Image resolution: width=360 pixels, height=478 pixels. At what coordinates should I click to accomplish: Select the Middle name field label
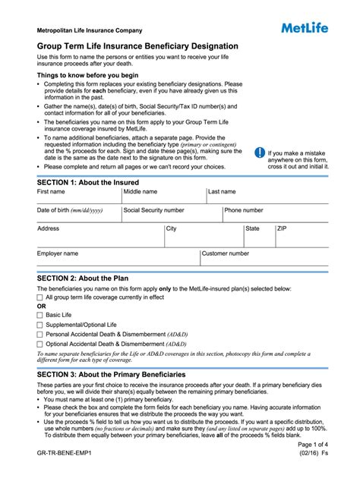tap(141, 192)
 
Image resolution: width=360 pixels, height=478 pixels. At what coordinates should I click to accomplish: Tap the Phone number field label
tap(244, 210)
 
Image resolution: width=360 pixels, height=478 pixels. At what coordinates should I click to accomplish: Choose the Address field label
tap(49, 228)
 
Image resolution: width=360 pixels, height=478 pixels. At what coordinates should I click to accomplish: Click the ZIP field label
tap(282, 228)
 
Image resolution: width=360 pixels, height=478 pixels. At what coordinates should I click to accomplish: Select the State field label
tap(252, 228)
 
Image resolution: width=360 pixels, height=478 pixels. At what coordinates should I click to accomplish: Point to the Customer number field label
tap(226, 253)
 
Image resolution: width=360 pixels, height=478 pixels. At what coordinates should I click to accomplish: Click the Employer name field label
tap(58, 253)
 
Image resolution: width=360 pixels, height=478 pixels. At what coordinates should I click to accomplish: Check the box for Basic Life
tap(40, 314)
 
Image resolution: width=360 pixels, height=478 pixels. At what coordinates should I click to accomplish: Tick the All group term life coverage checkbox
tap(40, 297)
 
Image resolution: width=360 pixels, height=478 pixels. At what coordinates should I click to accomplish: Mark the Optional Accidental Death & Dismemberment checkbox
tap(40, 344)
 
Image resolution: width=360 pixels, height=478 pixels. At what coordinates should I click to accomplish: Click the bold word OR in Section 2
tap(42, 306)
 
